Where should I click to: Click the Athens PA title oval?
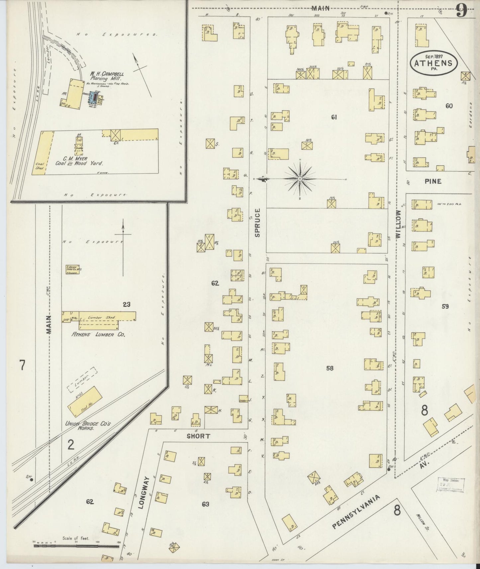click(x=433, y=63)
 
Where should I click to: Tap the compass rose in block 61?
click(x=300, y=179)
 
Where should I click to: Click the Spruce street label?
click(x=258, y=222)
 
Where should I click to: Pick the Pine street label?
click(x=433, y=181)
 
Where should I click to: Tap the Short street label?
click(x=198, y=436)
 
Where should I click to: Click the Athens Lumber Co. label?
click(x=99, y=335)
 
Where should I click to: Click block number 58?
click(x=330, y=368)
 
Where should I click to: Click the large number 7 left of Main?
click(x=22, y=365)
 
